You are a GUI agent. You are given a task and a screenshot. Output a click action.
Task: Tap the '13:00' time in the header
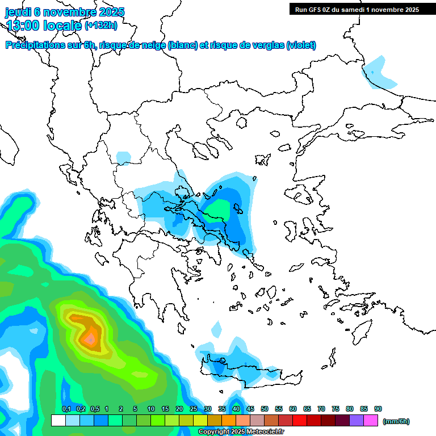(23, 25)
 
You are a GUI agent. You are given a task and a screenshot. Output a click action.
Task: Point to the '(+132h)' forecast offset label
(102, 25)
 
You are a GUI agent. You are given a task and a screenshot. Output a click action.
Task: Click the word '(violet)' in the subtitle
(301, 45)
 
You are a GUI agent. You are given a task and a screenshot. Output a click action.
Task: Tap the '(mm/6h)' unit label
(396, 421)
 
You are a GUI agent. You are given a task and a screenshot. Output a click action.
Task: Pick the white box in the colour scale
(58, 421)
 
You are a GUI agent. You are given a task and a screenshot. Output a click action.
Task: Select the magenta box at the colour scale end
(371, 421)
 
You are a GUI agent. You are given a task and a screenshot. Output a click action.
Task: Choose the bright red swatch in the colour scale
(300, 421)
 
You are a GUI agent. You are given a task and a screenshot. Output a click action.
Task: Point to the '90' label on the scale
(378, 409)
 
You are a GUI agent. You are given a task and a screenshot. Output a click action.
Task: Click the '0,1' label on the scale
(66, 409)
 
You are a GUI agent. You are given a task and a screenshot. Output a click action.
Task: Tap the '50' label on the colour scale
(265, 409)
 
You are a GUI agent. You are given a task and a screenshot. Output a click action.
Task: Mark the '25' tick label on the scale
(194, 409)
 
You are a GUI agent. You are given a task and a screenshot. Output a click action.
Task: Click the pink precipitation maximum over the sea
(90, 339)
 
